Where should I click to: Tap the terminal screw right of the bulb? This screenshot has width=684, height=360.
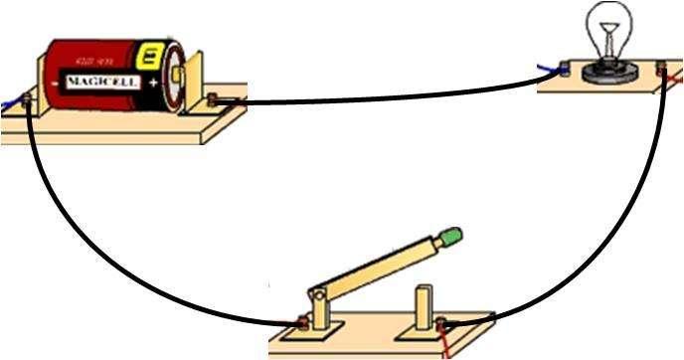pos(663,70)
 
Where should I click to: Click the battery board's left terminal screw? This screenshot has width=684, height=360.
pos(27,99)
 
